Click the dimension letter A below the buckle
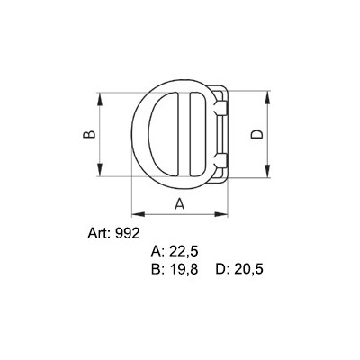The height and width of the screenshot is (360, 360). point(178,203)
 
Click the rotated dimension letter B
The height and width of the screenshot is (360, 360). point(88,135)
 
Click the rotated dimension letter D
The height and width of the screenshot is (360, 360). point(257,135)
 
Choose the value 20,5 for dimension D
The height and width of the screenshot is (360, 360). point(249,269)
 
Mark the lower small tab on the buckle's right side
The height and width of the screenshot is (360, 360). point(218,163)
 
